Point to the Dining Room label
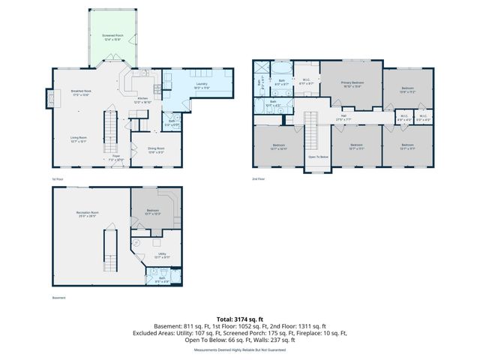coord(156,149)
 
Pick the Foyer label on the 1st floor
coord(116,158)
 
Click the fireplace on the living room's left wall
coord(50,99)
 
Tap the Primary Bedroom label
coord(352,84)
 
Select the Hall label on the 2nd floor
coord(343,117)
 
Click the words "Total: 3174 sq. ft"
coord(239,319)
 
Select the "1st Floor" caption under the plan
coord(56,179)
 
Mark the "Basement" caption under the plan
coord(58,298)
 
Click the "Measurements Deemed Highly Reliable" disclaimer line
coord(239,349)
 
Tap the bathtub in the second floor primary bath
coord(283,68)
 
